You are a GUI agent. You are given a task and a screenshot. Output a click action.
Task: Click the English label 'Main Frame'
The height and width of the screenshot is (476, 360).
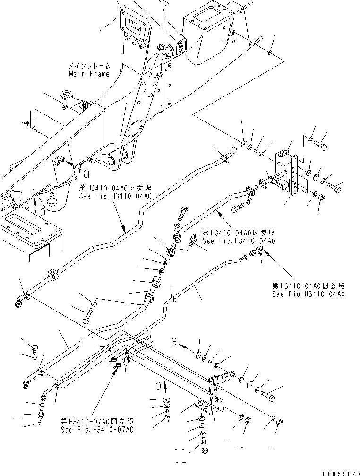(x=89, y=74)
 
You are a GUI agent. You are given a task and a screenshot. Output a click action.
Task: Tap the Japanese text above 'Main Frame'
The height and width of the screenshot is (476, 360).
(x=89, y=66)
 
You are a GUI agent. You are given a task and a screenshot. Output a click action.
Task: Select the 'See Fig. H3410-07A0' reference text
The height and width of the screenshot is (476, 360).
(x=97, y=430)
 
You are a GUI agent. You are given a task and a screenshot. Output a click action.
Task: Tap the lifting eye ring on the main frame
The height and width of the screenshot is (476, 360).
(x=66, y=96)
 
